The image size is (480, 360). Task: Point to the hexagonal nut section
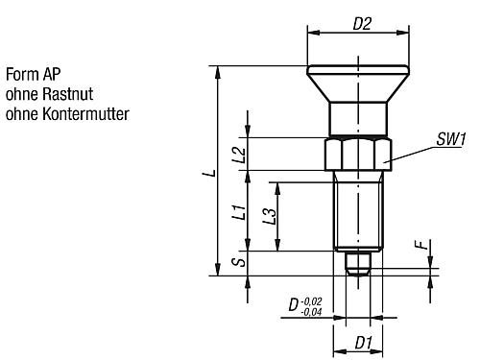click(358, 154)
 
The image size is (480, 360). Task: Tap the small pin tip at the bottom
click(358, 264)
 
